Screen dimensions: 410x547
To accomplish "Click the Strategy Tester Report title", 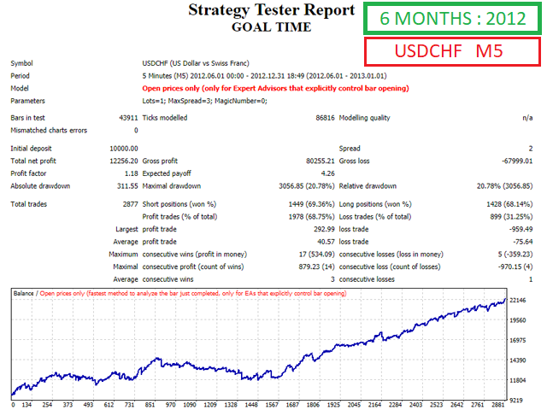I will tap(270, 10).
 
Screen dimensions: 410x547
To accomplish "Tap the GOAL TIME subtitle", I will tap(270, 26).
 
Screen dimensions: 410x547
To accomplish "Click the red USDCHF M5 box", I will tap(448, 52).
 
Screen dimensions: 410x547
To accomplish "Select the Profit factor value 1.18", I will tap(130, 173).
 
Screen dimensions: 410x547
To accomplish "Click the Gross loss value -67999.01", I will tap(513, 161).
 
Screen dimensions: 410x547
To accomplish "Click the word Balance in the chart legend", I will tap(23, 293).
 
